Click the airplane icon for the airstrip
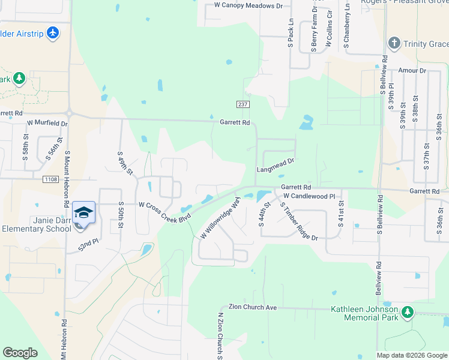click(x=53, y=32)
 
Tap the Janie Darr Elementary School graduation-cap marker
click(x=83, y=214)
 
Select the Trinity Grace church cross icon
click(x=394, y=43)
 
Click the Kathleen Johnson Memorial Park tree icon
click(x=408, y=312)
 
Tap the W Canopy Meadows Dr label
click(x=248, y=5)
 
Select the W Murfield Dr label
click(x=47, y=123)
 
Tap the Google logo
click(x=20, y=353)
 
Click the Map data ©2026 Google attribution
click(x=412, y=355)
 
